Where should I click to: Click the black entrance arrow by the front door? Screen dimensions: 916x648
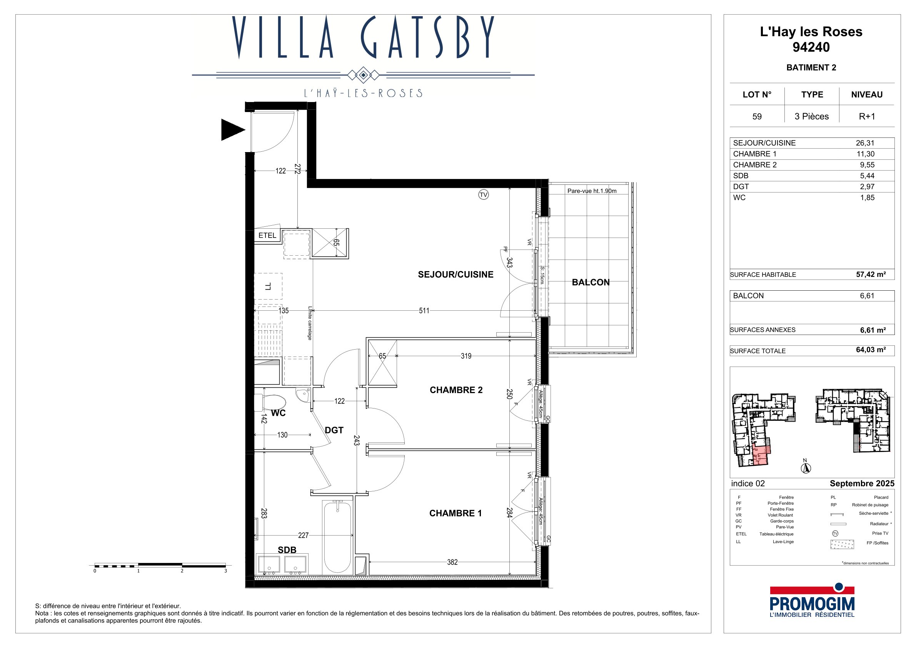pyautogui.click(x=233, y=130)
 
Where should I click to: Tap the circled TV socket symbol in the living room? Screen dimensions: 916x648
pyautogui.click(x=484, y=195)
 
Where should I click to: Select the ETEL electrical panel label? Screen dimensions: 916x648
pyautogui.click(x=267, y=236)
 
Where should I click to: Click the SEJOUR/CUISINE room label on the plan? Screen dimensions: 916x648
pyautogui.click(x=455, y=275)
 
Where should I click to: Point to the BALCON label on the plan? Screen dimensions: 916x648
pyautogui.click(x=591, y=282)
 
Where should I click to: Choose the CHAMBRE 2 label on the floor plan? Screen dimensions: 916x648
pyautogui.click(x=456, y=390)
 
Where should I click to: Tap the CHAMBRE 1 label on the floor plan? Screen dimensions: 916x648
pyautogui.click(x=455, y=514)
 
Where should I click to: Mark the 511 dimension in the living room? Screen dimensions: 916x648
pyautogui.click(x=424, y=311)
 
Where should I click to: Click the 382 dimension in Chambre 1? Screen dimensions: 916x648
pyautogui.click(x=452, y=562)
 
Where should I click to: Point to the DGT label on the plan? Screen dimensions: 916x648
pyautogui.click(x=334, y=430)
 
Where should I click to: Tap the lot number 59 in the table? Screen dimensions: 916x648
pyautogui.click(x=757, y=117)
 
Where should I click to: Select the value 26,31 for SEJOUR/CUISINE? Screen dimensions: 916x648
pyautogui.click(x=865, y=143)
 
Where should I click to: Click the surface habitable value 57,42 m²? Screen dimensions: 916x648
pyautogui.click(x=871, y=274)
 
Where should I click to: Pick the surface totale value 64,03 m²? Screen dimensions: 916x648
pyautogui.click(x=871, y=350)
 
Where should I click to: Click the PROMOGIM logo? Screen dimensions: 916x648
pyautogui.click(x=812, y=601)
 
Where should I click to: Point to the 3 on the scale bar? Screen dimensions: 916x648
pyautogui.click(x=225, y=571)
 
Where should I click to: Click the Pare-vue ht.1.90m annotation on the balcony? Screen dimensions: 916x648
pyautogui.click(x=592, y=191)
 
